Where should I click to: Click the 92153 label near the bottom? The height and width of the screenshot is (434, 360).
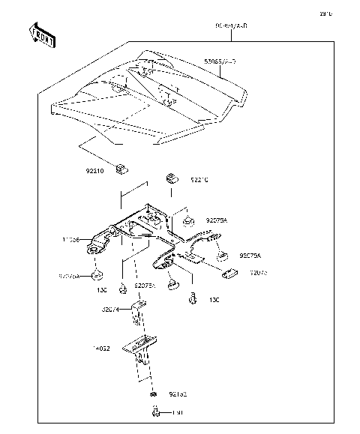(177, 393)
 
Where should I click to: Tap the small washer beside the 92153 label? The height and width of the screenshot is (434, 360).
(153, 394)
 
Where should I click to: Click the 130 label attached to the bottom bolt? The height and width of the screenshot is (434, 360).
(178, 412)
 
